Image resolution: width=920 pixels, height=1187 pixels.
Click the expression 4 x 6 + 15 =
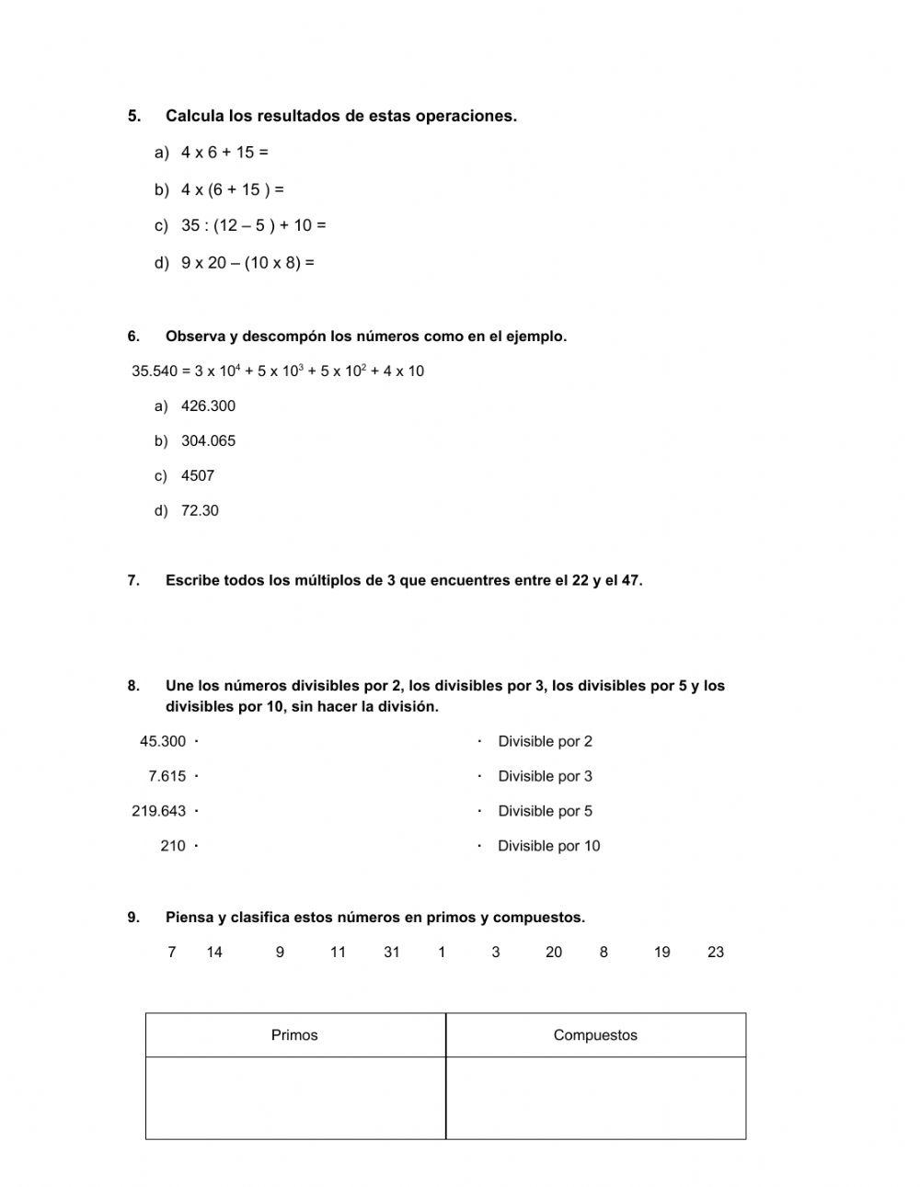click(x=224, y=153)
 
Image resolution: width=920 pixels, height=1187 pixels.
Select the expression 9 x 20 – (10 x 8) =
click(x=247, y=263)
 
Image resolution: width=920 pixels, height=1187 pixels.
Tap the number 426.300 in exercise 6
click(x=208, y=406)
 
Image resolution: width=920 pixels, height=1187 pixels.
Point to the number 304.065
click(x=208, y=441)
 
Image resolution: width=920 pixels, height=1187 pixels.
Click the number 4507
click(x=198, y=476)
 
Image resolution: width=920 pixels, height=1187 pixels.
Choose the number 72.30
click(x=200, y=511)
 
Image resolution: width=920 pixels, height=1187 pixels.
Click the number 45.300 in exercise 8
click(x=163, y=742)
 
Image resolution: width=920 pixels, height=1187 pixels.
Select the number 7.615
click(x=167, y=777)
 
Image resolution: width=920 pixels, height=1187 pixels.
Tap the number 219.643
click(x=159, y=812)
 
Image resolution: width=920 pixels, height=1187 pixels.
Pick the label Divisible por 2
click(x=545, y=742)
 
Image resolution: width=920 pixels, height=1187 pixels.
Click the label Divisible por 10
click(x=548, y=847)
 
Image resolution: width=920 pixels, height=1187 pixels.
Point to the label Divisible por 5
click(x=545, y=812)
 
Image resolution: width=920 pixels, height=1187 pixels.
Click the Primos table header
click(x=294, y=1035)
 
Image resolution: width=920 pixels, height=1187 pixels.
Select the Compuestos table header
click(x=595, y=1035)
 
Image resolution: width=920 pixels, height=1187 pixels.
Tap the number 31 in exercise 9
click(x=392, y=953)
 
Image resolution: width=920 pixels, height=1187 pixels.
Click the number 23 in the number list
click(x=716, y=953)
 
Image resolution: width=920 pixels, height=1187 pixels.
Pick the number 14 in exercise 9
click(x=214, y=953)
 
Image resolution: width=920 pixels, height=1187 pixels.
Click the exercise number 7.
click(x=133, y=581)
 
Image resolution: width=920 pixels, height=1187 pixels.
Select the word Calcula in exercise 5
click(x=195, y=116)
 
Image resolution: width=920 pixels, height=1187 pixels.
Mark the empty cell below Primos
click(x=294, y=1098)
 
